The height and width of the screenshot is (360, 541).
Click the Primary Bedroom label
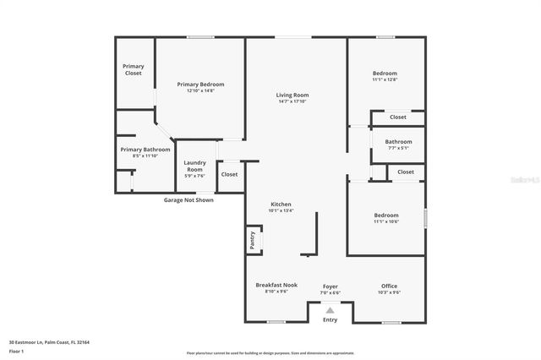[x=200, y=84]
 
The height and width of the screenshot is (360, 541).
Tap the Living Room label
[x=292, y=95]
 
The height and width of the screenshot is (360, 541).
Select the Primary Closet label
[x=133, y=69]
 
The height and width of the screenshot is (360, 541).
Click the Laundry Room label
[x=194, y=165]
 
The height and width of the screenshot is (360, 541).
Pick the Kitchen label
[x=281, y=205]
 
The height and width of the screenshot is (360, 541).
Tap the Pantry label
[x=252, y=240]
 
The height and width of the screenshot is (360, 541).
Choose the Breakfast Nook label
[x=276, y=286]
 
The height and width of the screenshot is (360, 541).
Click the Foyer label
[x=330, y=286]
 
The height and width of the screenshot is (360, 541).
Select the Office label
[x=389, y=286]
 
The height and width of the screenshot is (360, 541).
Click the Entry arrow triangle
[x=330, y=310]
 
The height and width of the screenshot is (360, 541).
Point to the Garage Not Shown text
[x=189, y=200]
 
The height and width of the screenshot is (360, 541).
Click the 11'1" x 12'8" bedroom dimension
[x=385, y=79]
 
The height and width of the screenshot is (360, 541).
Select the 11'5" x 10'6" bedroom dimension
[x=386, y=221]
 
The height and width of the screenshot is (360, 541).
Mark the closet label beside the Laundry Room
[x=229, y=174]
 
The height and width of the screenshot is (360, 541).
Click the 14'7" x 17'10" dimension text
[x=292, y=101]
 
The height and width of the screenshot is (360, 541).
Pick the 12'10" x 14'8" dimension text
[x=200, y=90]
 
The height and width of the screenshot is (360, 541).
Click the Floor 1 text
[x=16, y=350]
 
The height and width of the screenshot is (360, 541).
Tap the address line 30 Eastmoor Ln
[x=49, y=342]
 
